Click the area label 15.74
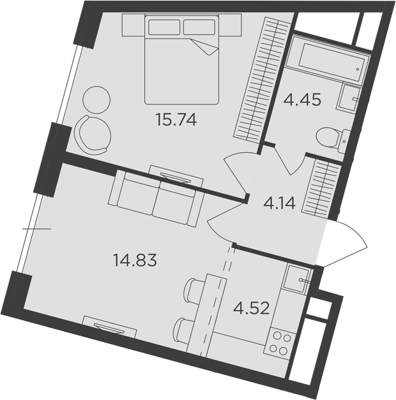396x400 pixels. pos(176,120)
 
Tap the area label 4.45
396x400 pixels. pos(302,100)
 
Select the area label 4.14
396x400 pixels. pos(279,204)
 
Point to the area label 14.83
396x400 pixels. pos(135,261)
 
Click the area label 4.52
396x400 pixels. pos(252,308)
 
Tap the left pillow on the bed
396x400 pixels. pos(164,27)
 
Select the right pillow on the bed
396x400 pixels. pos(199,27)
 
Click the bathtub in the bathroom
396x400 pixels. pos(328,59)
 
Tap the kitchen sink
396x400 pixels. pos(298,278)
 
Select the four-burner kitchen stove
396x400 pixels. pos(280,343)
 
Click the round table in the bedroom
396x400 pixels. pos(96,100)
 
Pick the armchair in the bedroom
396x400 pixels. pos(93,135)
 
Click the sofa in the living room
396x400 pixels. pos(156,198)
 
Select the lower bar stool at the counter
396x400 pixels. pos(183,330)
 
